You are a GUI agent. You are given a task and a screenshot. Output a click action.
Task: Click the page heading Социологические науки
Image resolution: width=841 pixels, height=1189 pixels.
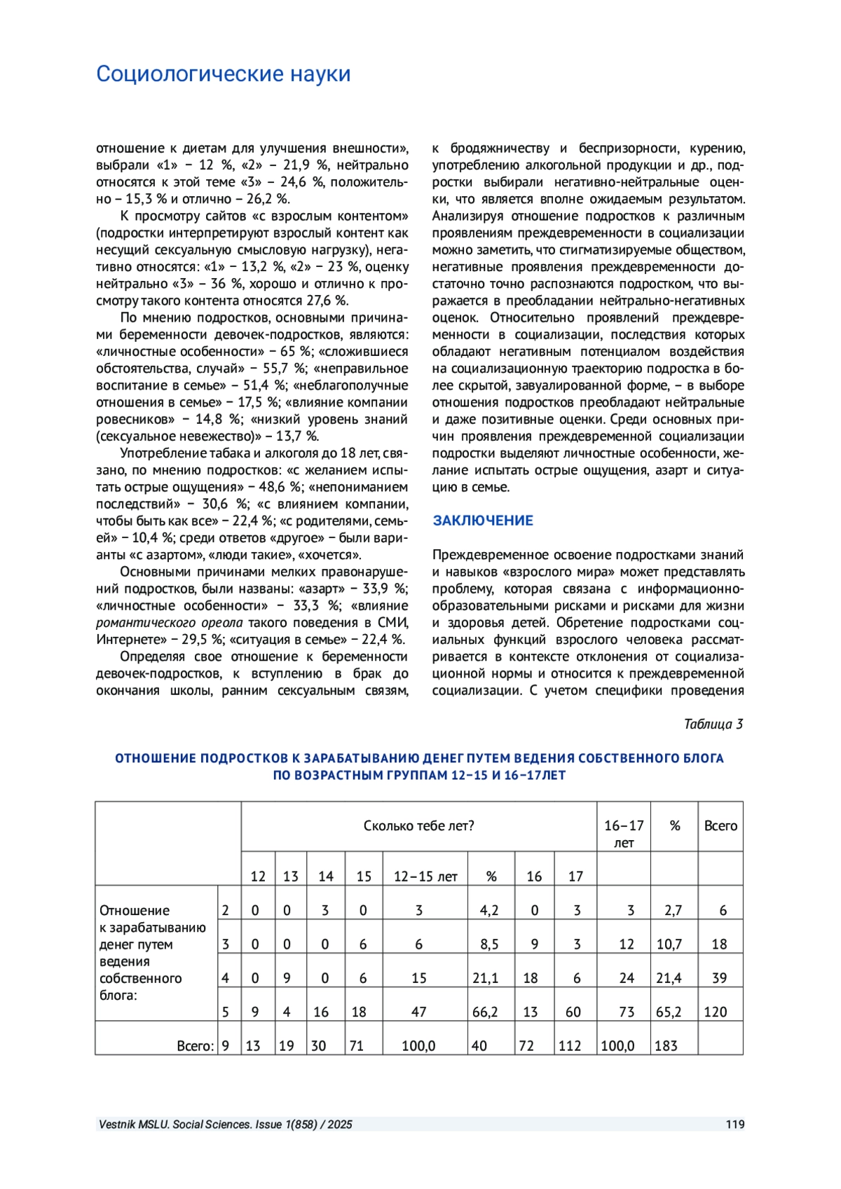pyautogui.click(x=223, y=74)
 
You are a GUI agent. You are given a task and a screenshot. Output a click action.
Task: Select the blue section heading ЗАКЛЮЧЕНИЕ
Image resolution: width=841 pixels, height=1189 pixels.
pyautogui.click(x=483, y=521)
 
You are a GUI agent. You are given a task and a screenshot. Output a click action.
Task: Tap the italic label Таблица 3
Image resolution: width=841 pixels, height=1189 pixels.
pyautogui.click(x=713, y=724)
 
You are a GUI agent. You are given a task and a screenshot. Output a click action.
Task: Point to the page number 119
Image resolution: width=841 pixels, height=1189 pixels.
pyautogui.click(x=734, y=1125)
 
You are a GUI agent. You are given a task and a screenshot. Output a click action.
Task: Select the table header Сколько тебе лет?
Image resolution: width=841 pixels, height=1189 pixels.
pyautogui.click(x=418, y=826)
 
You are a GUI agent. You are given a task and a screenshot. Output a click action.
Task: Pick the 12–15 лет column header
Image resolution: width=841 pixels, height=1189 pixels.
pyautogui.click(x=425, y=877)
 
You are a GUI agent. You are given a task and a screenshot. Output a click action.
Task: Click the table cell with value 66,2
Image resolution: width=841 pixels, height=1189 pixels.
pyautogui.click(x=485, y=1012)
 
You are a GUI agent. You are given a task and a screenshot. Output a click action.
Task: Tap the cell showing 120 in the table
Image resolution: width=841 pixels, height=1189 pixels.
pyautogui.click(x=716, y=1012)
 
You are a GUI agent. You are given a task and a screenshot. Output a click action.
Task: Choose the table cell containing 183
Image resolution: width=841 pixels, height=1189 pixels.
pyautogui.click(x=666, y=1046)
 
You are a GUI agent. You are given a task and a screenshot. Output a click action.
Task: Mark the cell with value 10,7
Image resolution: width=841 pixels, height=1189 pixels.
pyautogui.click(x=669, y=944)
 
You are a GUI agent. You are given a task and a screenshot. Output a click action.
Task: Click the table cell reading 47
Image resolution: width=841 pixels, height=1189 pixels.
pyautogui.click(x=418, y=1012)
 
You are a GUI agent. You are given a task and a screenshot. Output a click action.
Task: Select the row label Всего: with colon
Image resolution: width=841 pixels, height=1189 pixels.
pyautogui.click(x=195, y=1046)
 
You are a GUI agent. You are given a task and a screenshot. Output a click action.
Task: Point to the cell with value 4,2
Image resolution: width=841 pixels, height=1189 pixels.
pyautogui.click(x=488, y=911)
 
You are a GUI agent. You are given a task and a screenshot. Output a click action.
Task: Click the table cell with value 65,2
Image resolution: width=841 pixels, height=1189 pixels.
pyautogui.click(x=669, y=1012)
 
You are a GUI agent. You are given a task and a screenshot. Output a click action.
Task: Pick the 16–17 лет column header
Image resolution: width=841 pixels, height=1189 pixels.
pyautogui.click(x=624, y=834)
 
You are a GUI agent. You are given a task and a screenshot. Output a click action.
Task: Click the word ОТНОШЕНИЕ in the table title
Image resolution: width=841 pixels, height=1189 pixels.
pyautogui.click(x=156, y=758)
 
